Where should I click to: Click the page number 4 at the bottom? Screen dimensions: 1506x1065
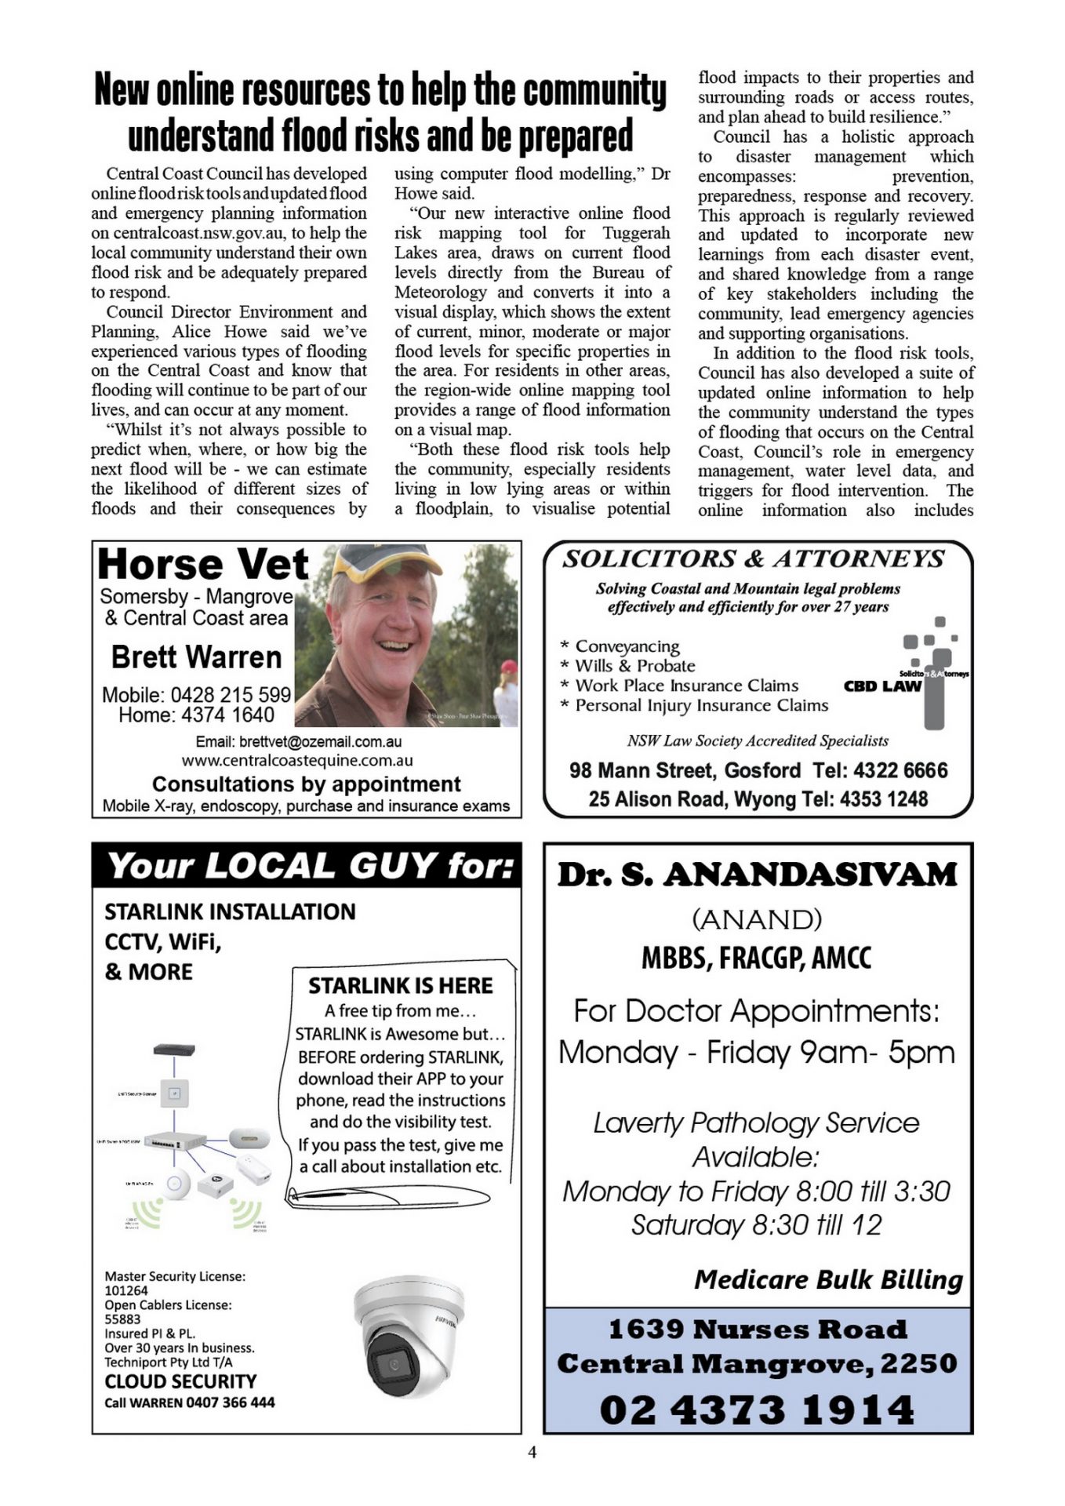pos(532,1452)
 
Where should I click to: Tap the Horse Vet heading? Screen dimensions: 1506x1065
pos(203,564)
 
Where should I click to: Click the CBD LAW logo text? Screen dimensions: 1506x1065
pos(882,686)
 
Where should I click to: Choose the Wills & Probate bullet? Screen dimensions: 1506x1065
pos(634,666)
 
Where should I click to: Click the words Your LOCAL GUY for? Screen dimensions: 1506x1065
pos(311,866)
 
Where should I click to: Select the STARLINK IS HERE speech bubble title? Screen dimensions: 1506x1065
pos(400,986)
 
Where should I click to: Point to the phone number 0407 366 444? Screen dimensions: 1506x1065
pos(231,1402)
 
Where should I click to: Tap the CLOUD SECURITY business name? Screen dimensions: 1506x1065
pos(180,1381)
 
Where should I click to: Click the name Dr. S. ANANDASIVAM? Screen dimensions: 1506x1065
pos(757,875)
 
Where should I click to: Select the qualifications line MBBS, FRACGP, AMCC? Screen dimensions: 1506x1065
pos(756,958)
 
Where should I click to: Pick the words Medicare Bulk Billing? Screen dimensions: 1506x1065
pos(828,1280)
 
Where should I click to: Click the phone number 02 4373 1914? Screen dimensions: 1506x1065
pos(757,1410)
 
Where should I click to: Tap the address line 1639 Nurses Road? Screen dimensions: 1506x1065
pos(757,1330)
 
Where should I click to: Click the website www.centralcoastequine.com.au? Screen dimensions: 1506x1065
pos(297,761)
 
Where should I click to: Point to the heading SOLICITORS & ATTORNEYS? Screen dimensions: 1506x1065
pos(754,558)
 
